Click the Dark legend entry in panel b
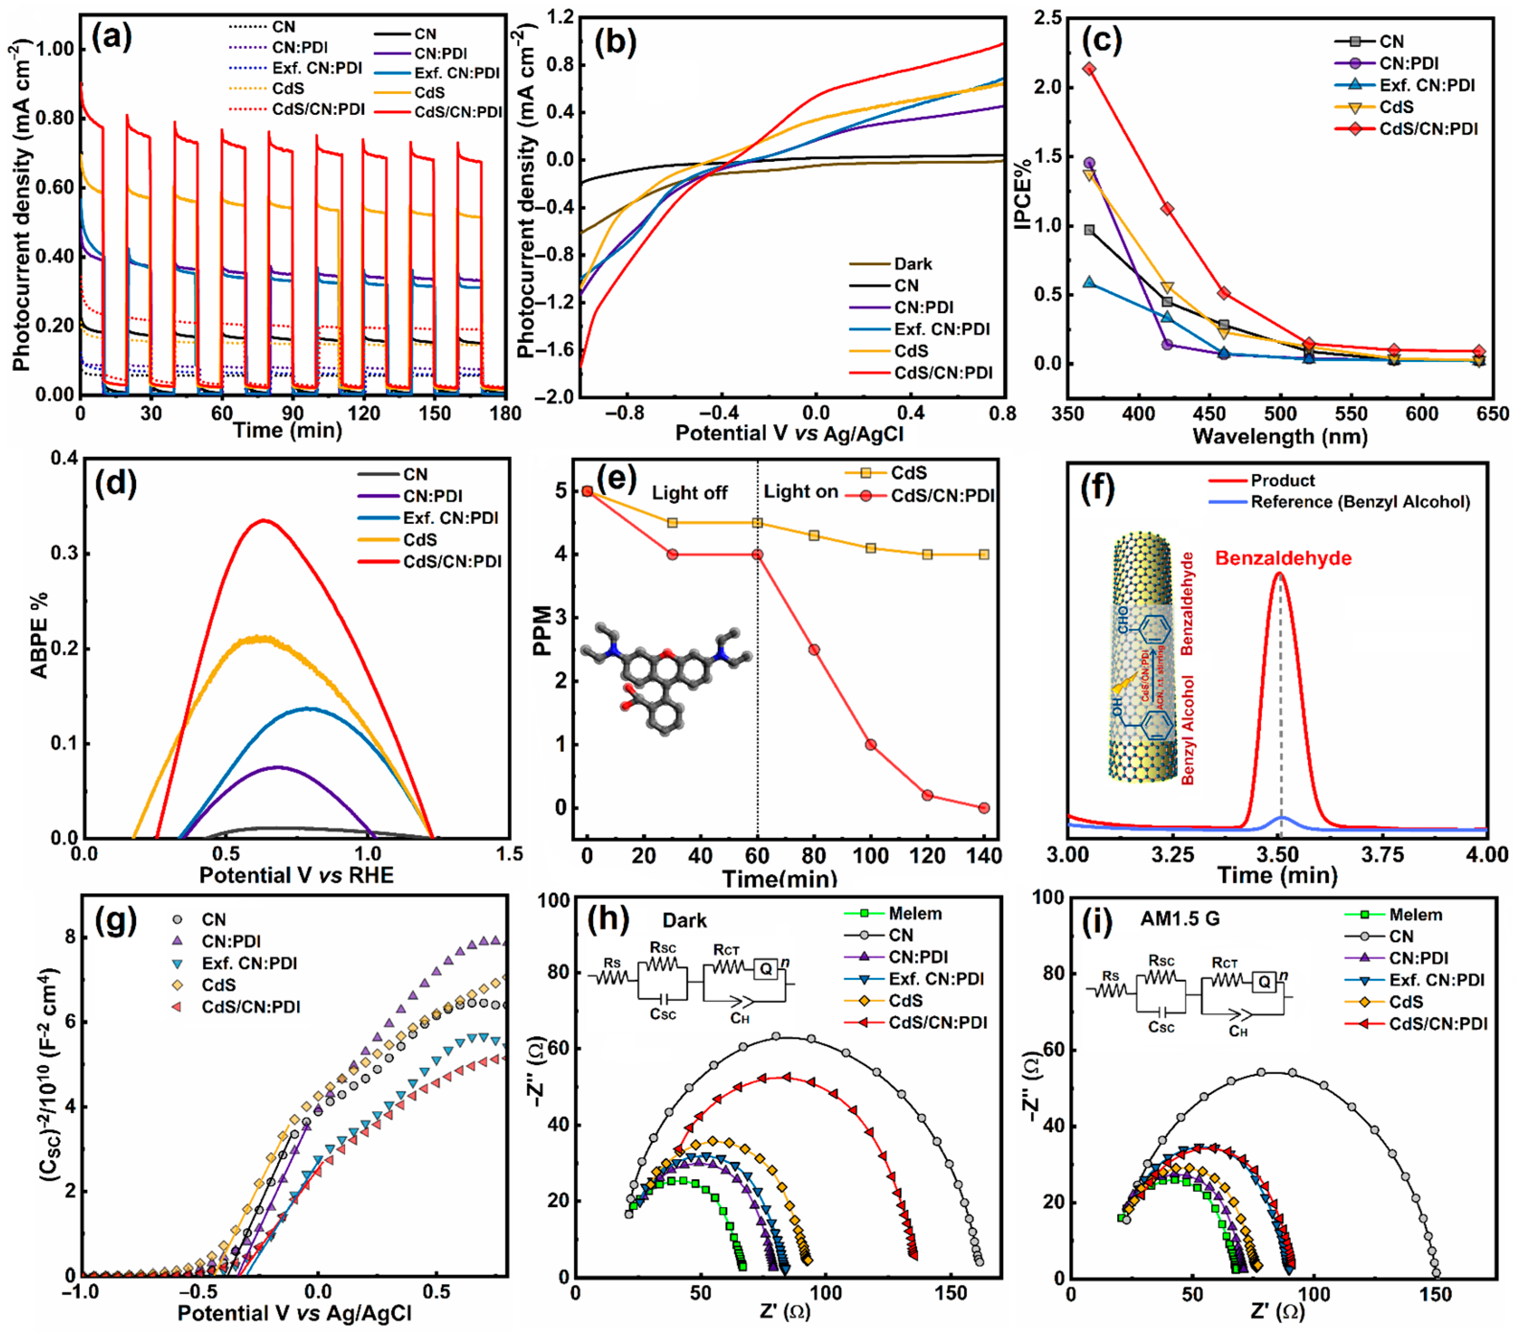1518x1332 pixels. pyautogui.click(x=912, y=263)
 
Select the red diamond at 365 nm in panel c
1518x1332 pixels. pyautogui.click(x=1089, y=69)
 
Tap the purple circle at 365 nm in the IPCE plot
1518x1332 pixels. pyautogui.click(x=1089, y=162)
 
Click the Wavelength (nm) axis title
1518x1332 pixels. pyautogui.click(x=1279, y=436)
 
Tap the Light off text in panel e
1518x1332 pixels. pyautogui.click(x=689, y=493)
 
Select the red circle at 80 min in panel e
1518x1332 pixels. pyautogui.click(x=814, y=649)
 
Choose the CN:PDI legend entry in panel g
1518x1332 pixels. pyautogui.click(x=231, y=942)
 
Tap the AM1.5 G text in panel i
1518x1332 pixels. pyautogui.click(x=1180, y=919)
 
